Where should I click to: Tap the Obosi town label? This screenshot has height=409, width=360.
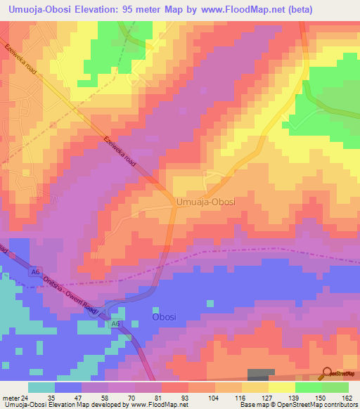click(167, 317)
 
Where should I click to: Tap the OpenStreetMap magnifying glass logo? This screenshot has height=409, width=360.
click(328, 373)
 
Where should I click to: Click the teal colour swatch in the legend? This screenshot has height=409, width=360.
click(41, 387)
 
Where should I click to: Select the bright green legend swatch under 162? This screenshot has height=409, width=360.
click(335, 387)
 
